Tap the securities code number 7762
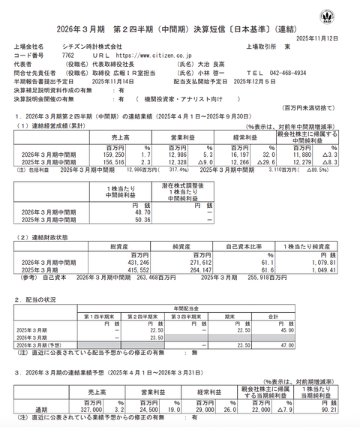(68, 56)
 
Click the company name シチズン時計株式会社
(91, 47)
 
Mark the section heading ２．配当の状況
(43, 298)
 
